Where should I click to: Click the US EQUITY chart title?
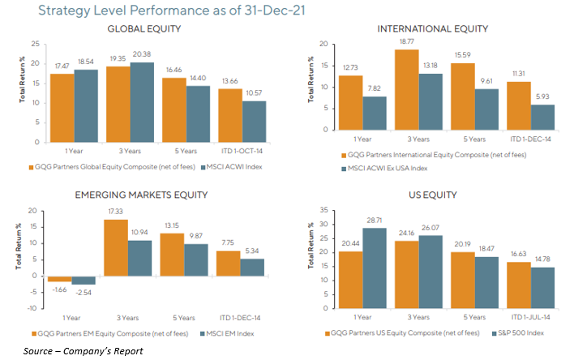pyautogui.click(x=433, y=195)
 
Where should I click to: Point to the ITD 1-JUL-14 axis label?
pyautogui.click(x=529, y=317)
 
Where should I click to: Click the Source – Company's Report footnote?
pyautogui.click(x=83, y=351)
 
